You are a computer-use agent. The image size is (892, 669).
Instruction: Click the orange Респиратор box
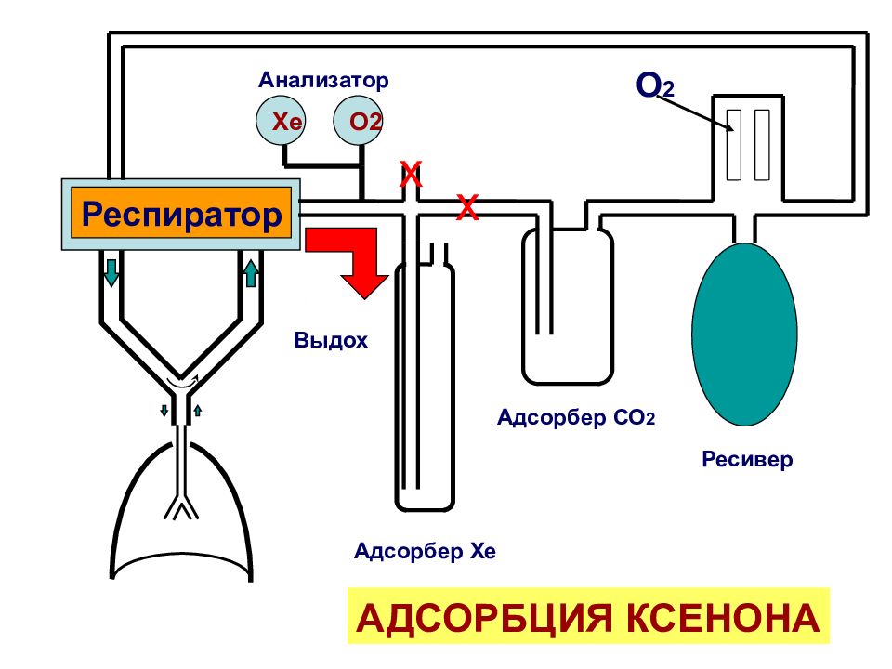pos(181,213)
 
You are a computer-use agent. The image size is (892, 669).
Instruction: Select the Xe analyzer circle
pos(280,121)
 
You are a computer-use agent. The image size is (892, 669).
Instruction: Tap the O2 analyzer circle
pos(357,121)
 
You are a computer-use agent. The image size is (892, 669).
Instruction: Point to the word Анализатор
pos(323,80)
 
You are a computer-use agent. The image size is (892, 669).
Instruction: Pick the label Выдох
pos(331,340)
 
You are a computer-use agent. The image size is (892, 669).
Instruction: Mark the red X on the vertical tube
pos(411,174)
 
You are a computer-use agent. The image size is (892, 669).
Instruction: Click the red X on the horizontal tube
pos(467,207)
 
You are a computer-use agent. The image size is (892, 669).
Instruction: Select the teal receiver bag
pos(744,334)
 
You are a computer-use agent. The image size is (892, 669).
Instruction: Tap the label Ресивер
pos(747,458)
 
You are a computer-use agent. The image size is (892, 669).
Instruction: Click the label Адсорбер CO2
pos(576,417)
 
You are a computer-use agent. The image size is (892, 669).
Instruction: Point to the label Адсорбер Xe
pos(425,551)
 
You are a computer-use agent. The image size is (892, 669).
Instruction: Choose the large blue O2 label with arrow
pos(654,85)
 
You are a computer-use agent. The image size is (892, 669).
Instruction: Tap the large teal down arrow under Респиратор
pos(111,272)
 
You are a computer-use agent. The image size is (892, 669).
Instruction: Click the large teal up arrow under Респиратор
pos(250,272)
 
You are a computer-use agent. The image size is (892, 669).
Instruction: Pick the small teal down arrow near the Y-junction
pos(164,410)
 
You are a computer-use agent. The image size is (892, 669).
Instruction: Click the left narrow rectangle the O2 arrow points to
pos(734,145)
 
